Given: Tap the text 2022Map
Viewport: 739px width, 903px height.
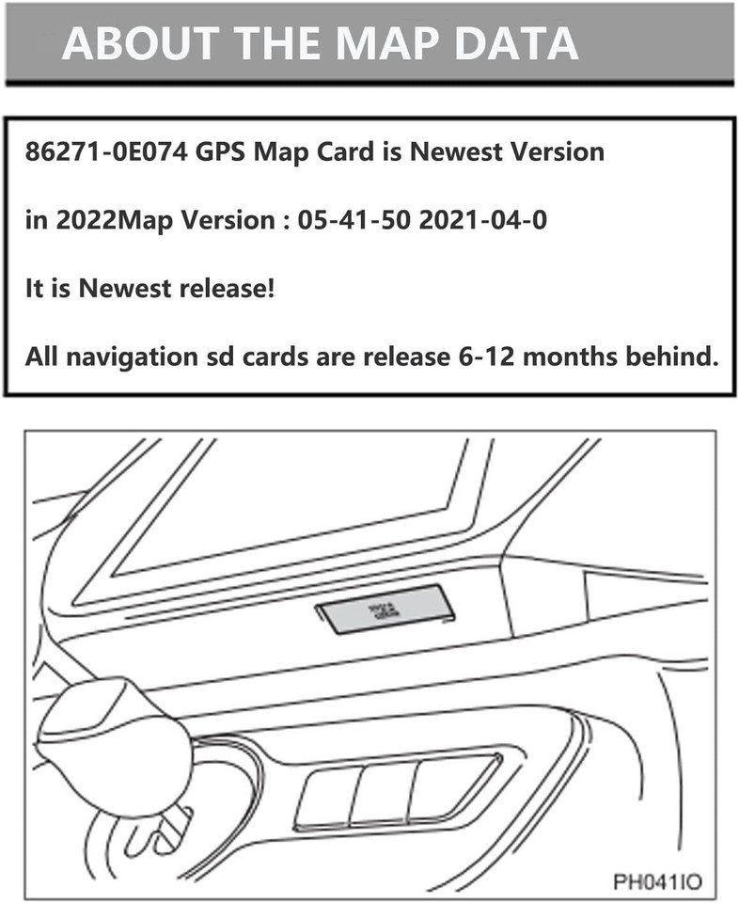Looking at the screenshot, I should pos(105,222).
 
